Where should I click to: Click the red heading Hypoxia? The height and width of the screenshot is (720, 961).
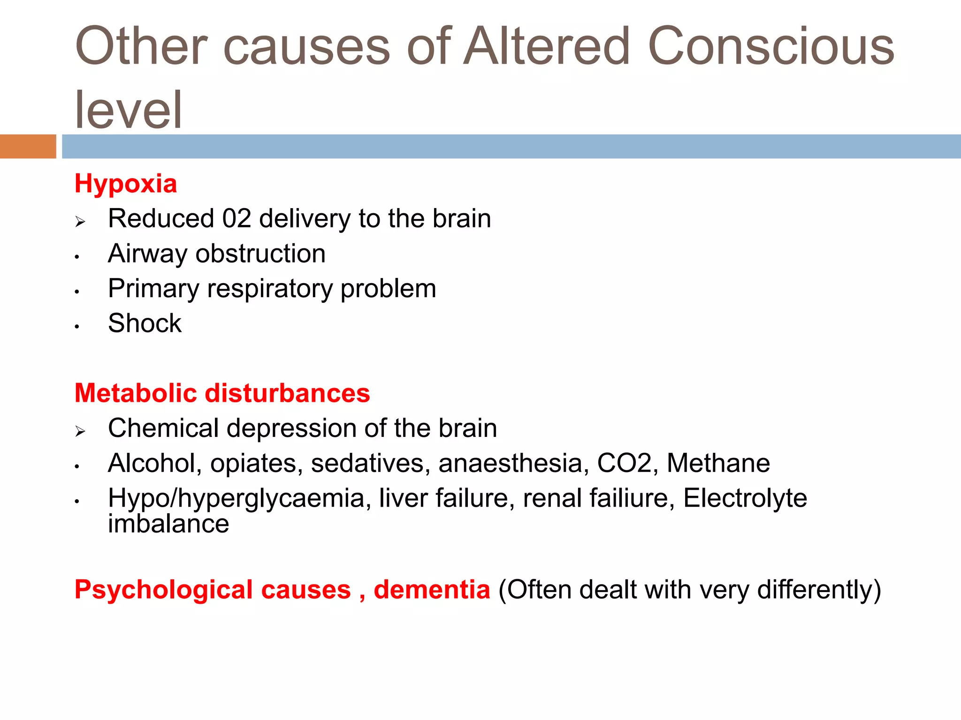point(126,184)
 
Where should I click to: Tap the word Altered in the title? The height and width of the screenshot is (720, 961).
point(547,47)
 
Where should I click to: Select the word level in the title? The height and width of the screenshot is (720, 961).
point(128,110)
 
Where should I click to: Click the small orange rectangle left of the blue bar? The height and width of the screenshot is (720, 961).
point(28,146)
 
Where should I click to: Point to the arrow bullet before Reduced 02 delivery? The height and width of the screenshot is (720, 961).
point(80,221)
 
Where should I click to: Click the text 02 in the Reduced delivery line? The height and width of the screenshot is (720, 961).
point(236,219)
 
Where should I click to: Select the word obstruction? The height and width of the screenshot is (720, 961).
point(260,254)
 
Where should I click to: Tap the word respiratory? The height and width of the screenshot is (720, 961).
point(269,289)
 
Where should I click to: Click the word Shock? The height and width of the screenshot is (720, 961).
point(145,323)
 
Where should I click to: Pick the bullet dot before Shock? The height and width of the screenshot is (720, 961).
point(77,327)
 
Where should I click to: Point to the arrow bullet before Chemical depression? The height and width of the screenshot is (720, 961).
point(80,431)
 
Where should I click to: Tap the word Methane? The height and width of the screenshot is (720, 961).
point(718,463)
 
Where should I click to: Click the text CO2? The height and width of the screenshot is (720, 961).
point(625,463)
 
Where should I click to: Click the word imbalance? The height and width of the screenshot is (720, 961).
point(168,524)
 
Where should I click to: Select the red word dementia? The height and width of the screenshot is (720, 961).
point(432,590)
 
